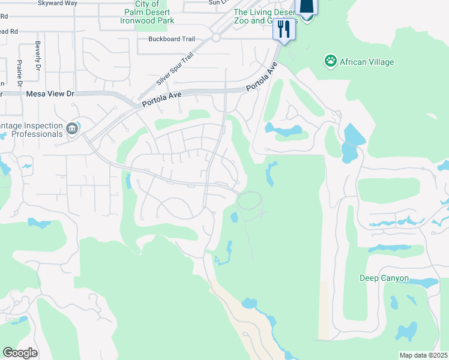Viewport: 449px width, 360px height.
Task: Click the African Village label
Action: coord(367,61)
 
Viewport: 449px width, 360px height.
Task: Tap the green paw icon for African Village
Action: coord(330,60)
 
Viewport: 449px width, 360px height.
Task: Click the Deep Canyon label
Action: coord(384,278)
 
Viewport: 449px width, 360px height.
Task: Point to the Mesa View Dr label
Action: coord(50,94)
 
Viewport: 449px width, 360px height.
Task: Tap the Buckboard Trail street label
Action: coord(172,39)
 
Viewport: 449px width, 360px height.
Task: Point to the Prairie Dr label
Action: coord(20,71)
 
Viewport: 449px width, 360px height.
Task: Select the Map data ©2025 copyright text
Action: coord(423,355)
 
